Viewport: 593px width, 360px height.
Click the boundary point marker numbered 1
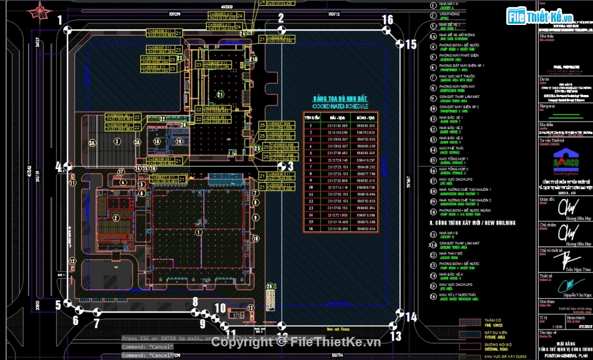click(x=60, y=20)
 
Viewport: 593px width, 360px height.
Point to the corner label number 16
click(x=388, y=20)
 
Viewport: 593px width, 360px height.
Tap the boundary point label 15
click(x=410, y=44)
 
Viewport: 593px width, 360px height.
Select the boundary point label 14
click(x=410, y=317)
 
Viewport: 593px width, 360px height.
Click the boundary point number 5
click(x=57, y=304)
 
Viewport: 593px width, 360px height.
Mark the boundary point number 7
click(x=96, y=323)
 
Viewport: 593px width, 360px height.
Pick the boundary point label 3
click(x=290, y=166)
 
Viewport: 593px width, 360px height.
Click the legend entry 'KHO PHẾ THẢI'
click(x=455, y=148)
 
